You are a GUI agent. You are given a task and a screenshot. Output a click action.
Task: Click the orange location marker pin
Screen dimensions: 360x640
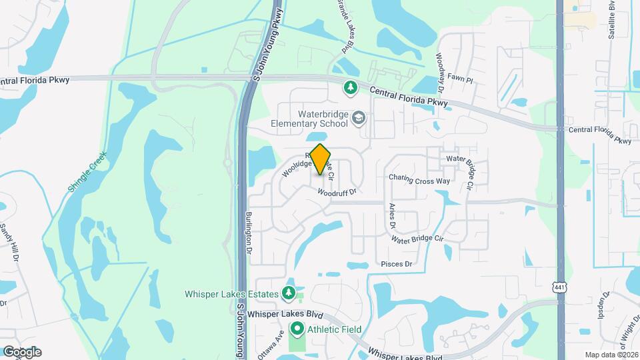pos(321,159)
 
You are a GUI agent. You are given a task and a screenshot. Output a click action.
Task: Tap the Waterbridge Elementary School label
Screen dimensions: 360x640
pos(310,119)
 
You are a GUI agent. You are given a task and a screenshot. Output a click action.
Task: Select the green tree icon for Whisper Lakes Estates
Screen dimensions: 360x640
pos(288,293)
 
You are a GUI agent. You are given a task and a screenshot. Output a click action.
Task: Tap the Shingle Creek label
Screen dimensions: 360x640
pos(87,173)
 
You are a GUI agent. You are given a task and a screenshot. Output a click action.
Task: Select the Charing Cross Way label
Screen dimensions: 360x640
pos(419,179)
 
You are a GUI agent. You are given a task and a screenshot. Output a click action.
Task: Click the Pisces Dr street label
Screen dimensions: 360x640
pos(397,264)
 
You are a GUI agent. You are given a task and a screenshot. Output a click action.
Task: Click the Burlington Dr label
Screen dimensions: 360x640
pos(249,233)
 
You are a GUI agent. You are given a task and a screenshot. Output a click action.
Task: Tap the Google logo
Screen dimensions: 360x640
pos(22,351)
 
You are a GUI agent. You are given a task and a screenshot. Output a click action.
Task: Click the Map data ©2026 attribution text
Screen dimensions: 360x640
pos(611,355)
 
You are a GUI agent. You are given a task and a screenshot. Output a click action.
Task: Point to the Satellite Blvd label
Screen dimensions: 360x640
pos(612,20)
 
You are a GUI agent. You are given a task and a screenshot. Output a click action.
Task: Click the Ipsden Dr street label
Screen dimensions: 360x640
pos(606,306)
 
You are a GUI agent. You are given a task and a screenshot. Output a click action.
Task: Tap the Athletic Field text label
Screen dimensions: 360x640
pos(334,329)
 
